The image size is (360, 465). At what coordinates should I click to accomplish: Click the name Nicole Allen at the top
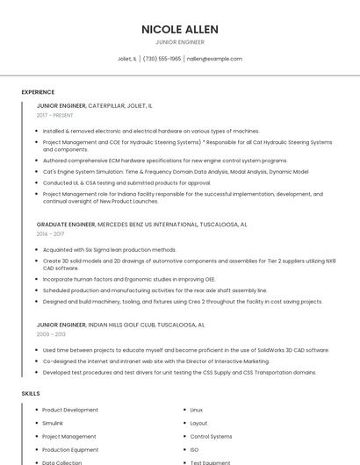(x=180, y=29)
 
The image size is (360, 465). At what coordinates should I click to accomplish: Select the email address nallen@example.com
(x=214, y=59)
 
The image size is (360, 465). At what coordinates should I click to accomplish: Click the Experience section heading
(x=38, y=92)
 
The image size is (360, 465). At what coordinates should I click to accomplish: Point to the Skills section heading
(x=31, y=394)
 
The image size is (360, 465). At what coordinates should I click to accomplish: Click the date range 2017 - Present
(x=56, y=115)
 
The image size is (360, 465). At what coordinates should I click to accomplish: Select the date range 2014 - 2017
(x=50, y=234)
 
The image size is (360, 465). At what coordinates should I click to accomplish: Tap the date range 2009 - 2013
(x=50, y=334)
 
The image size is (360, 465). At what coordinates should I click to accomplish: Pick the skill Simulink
(x=53, y=423)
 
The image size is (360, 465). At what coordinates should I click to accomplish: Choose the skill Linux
(x=196, y=410)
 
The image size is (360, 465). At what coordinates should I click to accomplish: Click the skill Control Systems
(x=211, y=436)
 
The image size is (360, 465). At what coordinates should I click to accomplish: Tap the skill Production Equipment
(x=69, y=449)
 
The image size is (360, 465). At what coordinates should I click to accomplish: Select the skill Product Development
(x=70, y=410)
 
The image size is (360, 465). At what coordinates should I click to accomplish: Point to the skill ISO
(x=194, y=449)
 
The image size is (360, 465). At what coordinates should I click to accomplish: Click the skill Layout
(x=198, y=423)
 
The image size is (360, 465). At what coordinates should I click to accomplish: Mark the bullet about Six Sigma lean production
(x=109, y=250)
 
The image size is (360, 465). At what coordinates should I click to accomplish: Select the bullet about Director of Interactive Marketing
(x=155, y=361)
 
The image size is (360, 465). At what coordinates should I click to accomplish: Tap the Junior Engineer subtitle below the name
(x=180, y=42)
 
